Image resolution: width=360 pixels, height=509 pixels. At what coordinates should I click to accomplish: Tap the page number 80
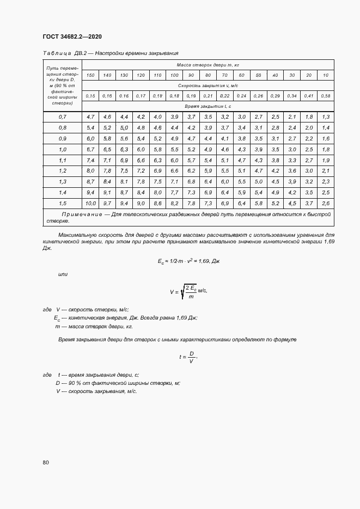45,463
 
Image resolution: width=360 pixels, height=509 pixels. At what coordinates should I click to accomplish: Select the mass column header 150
90,75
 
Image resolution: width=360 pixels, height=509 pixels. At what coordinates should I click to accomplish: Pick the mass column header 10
326,75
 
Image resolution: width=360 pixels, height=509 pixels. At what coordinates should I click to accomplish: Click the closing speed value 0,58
326,96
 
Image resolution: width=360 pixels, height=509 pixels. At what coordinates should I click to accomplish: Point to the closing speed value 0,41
309,96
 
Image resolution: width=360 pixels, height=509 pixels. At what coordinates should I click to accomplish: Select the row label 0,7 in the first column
62,117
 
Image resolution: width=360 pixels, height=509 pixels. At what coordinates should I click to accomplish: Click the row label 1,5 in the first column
62,203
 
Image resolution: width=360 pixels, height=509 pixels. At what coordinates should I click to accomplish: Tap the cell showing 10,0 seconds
90,203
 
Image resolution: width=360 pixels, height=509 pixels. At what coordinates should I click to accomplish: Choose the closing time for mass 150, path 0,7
90,117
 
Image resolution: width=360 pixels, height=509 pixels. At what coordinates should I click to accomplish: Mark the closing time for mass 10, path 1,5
326,203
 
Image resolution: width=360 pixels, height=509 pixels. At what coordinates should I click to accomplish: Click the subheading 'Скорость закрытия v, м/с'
208,85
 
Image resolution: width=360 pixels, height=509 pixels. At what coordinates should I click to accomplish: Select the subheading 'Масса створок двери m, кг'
208,64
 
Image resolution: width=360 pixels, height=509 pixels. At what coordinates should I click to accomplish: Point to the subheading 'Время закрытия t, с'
208,106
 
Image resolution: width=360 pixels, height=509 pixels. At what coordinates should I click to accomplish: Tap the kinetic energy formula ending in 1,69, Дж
188,261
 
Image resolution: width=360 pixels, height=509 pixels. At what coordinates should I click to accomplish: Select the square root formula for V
188,292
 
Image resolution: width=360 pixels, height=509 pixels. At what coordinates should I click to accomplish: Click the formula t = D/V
187,357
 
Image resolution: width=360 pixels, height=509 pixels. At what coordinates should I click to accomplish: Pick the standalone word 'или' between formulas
63,274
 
